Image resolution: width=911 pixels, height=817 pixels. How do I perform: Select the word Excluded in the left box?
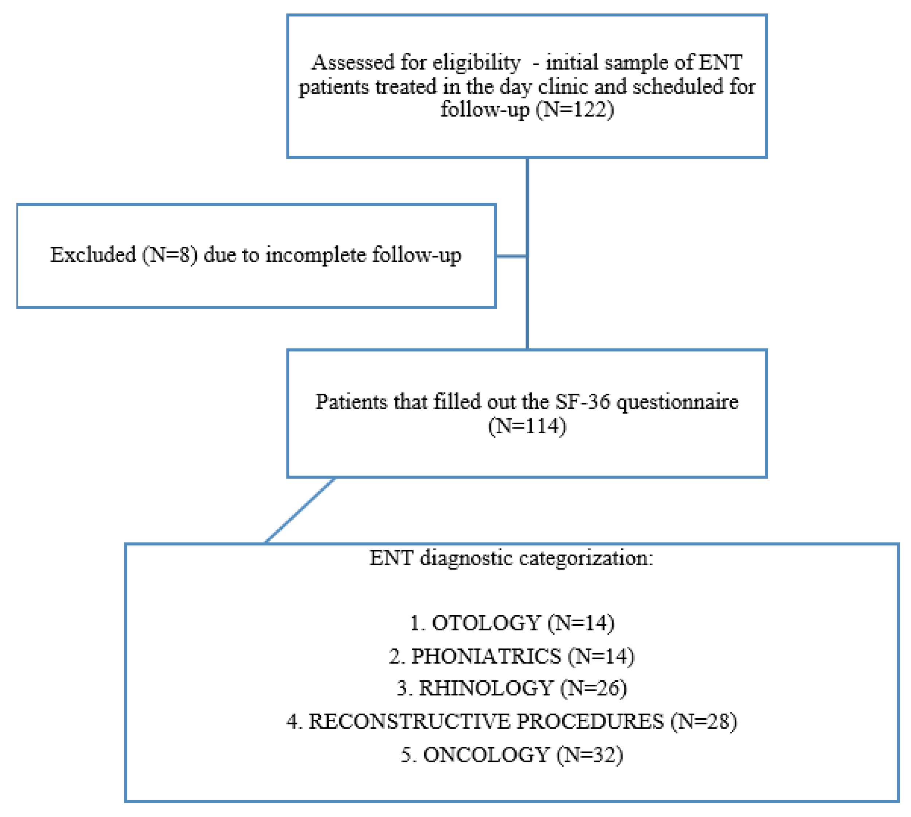pos(93,255)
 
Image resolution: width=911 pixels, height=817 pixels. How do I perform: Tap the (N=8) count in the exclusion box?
pos(170,255)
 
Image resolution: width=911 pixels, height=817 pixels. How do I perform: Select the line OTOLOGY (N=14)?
pos(512,623)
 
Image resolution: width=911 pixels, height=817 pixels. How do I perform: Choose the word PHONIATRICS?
pos(486,656)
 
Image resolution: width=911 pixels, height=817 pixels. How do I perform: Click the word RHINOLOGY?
pos(485,688)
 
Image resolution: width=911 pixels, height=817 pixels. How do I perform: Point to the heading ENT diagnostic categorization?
pos(511,558)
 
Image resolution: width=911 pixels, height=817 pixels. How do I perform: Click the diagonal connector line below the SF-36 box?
pos(300,511)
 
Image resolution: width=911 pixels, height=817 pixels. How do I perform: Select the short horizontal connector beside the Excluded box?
pos(511,257)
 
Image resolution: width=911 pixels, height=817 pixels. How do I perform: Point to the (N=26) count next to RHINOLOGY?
pos(593,688)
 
